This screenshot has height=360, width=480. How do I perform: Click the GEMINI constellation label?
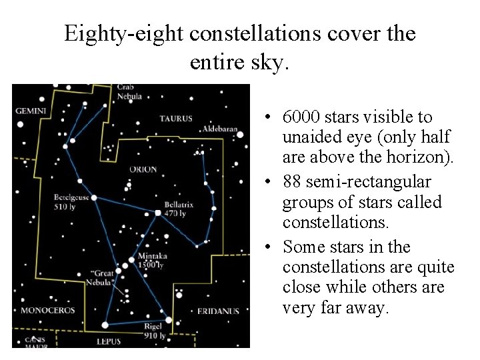[x=31, y=110]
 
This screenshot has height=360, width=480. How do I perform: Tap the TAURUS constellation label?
[x=176, y=119]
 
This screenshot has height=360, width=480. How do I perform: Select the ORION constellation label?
[x=143, y=169]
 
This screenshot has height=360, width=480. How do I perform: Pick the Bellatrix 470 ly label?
[x=179, y=209]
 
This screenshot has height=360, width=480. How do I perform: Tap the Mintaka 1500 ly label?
[x=151, y=261]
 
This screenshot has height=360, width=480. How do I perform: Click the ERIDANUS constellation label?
[x=218, y=311]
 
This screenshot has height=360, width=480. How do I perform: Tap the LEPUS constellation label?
[x=108, y=341]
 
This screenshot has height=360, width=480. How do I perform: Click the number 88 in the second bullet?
[x=293, y=182]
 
